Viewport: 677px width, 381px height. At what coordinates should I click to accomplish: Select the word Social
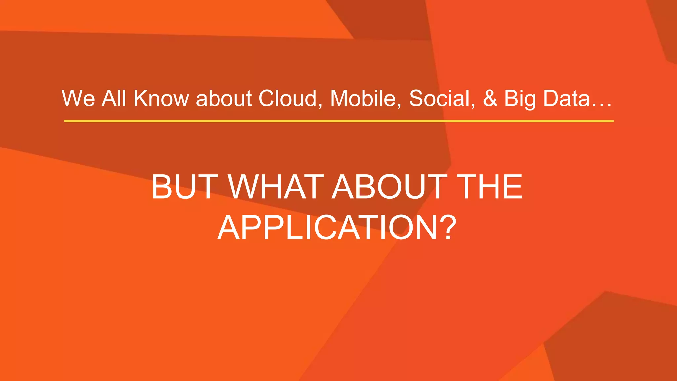(x=440, y=98)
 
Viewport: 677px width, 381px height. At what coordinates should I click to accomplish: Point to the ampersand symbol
(x=490, y=98)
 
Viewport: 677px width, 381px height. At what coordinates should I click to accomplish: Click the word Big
(x=520, y=99)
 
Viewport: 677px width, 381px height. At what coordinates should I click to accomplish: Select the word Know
(x=161, y=98)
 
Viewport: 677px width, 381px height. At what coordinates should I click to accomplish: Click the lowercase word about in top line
(x=224, y=98)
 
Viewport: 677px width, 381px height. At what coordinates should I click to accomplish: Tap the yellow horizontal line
(x=338, y=121)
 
